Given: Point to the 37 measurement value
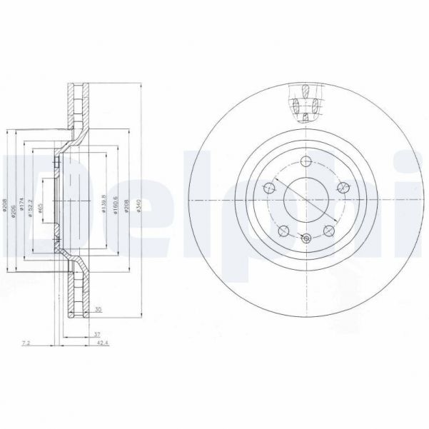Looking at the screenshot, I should (97, 333).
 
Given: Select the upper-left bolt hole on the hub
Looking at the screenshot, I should (269, 188).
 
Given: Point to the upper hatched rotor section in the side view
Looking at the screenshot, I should (74, 107).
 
